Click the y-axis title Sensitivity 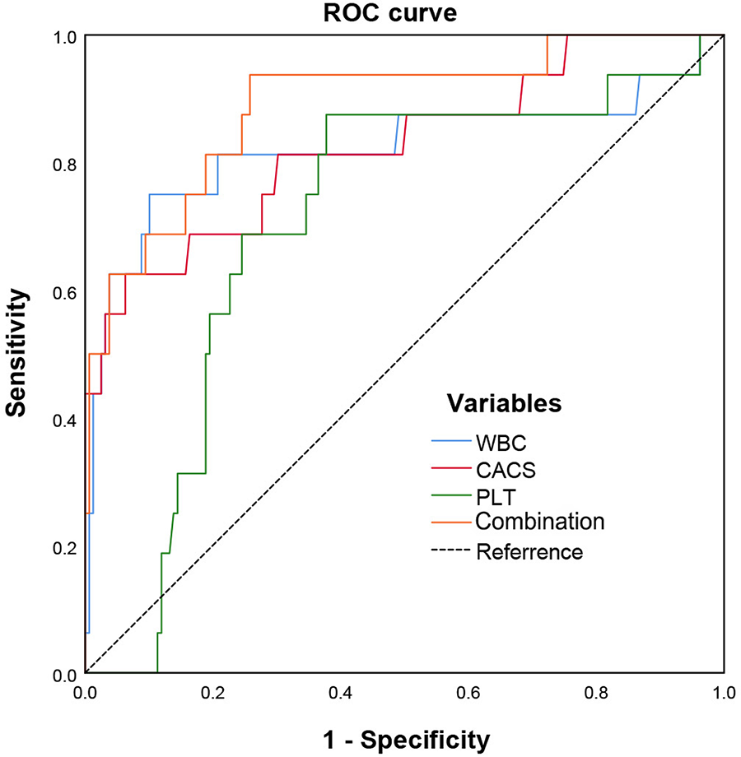tap(17, 354)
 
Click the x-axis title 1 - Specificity tap(405, 738)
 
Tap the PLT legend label tap(496, 495)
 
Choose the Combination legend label tap(540, 522)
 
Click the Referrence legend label tap(529, 551)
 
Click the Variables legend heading tap(504, 403)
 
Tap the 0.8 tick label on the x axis tap(595, 694)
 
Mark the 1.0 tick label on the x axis tap(722, 694)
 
